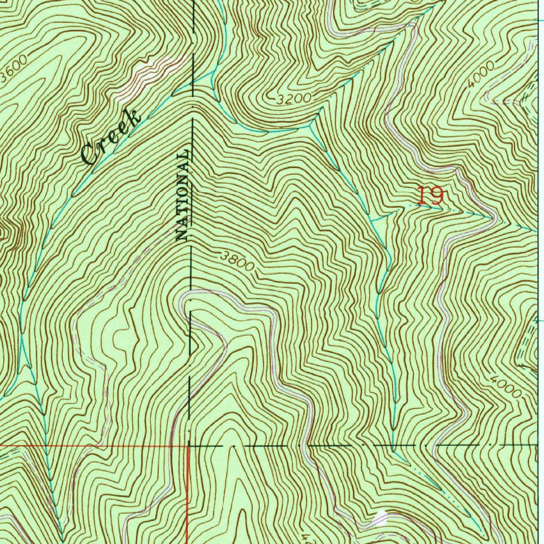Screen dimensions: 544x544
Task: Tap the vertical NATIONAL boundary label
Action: click(x=182, y=195)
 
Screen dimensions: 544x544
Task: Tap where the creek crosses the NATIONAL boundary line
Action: click(x=192, y=82)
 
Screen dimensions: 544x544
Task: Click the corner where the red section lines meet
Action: click(x=189, y=446)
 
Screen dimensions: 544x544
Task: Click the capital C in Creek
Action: click(x=90, y=155)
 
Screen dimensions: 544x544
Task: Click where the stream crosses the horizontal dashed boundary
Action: click(x=393, y=446)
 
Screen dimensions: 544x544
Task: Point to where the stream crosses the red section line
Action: click(x=46, y=446)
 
